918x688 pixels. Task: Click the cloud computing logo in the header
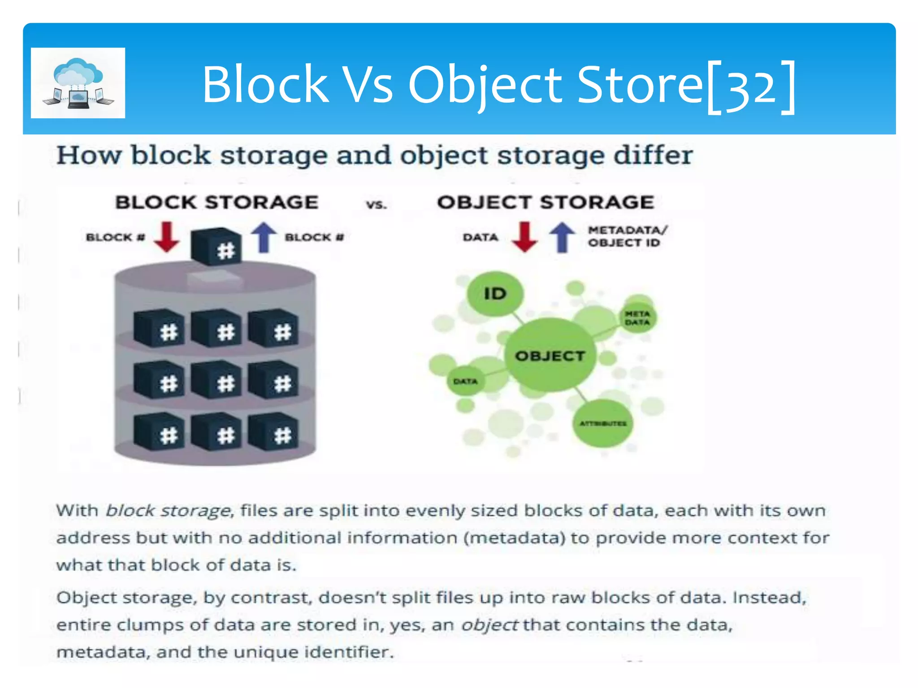coord(78,83)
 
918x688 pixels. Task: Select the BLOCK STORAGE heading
coord(217,202)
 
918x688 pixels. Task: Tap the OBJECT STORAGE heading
coord(546,202)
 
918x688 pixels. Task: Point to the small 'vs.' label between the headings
coord(376,205)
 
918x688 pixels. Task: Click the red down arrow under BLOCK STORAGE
coord(167,236)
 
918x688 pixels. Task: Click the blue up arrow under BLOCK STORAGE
coord(264,237)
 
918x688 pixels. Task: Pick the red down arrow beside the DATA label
coord(524,236)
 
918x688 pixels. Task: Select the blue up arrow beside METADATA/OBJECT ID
coord(562,237)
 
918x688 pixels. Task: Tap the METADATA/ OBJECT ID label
coord(627,236)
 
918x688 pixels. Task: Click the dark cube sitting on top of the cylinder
coord(216,247)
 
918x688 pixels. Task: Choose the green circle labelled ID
coord(495,294)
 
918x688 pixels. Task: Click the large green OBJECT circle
coord(550,356)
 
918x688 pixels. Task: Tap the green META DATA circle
coord(637,318)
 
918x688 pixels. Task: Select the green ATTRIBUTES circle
coord(602,423)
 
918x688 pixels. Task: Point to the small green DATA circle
coord(465,381)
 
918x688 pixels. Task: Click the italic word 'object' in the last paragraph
coord(489,625)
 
